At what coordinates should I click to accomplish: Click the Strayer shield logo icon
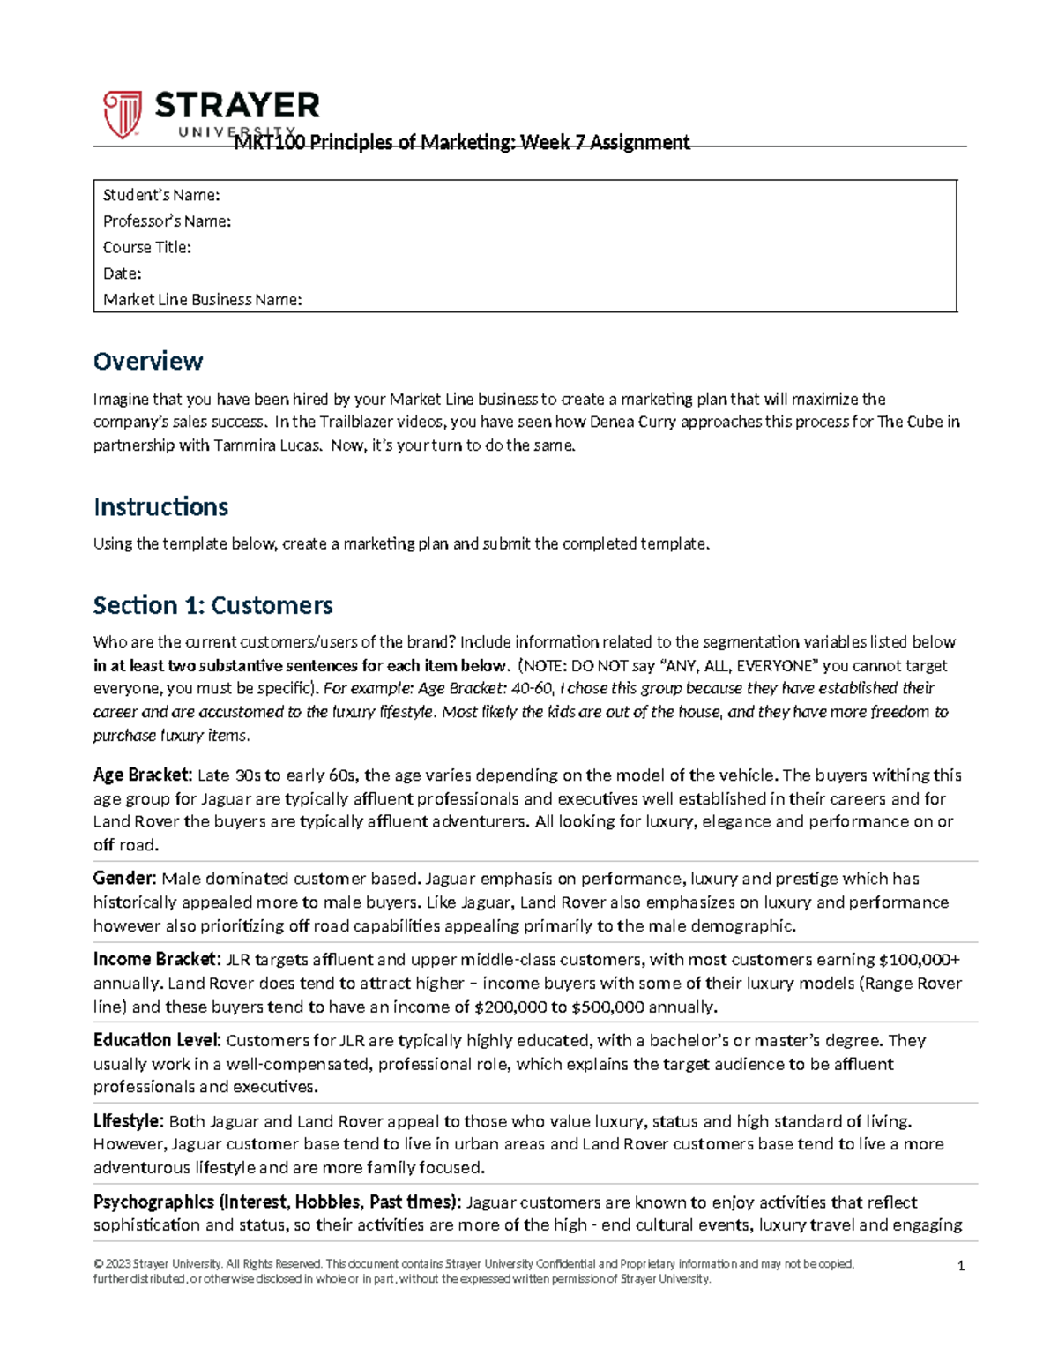(123, 114)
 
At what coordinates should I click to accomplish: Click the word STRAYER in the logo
(237, 106)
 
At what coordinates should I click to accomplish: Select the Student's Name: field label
(160, 195)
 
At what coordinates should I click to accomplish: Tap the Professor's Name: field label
(167, 221)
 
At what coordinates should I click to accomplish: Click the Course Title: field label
(146, 248)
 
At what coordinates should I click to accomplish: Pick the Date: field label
(122, 273)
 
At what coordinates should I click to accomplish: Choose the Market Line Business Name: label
(202, 300)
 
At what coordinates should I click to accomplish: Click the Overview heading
(148, 361)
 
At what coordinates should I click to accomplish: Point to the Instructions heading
(160, 507)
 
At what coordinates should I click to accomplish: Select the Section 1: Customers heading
(212, 605)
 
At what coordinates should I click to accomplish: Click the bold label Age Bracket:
(142, 775)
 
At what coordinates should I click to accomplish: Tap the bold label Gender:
(124, 879)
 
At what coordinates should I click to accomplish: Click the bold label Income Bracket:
(155, 959)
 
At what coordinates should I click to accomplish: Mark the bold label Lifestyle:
(128, 1121)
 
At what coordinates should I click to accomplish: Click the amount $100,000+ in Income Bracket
(920, 960)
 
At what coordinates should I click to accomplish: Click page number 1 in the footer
(961, 1266)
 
